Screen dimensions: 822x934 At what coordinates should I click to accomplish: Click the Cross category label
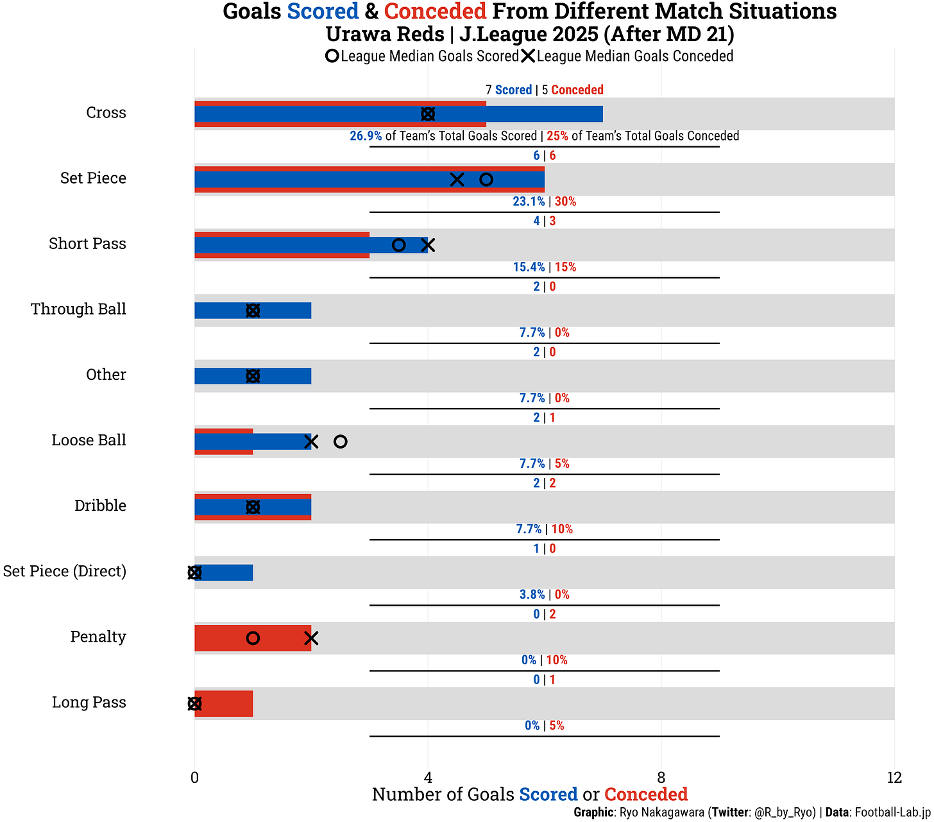point(106,113)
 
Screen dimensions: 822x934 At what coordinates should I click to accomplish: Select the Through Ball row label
point(78,309)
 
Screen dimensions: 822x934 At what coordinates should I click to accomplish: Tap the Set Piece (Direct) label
point(64,571)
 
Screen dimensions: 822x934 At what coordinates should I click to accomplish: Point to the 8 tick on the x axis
point(661,778)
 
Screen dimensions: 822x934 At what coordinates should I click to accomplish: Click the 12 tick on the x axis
point(894,778)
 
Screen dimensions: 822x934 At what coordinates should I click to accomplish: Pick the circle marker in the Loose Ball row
point(341,441)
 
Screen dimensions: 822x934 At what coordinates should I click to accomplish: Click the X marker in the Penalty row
point(311,638)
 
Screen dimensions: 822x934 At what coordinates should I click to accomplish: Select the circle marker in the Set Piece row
point(486,180)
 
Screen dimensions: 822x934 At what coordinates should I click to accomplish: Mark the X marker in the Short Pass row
point(428,245)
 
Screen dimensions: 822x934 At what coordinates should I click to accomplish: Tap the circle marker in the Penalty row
point(253,638)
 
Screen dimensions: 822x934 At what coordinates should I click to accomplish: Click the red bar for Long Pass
point(225,703)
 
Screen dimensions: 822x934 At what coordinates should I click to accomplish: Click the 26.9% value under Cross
point(366,136)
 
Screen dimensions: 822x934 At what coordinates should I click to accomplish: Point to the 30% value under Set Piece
point(565,201)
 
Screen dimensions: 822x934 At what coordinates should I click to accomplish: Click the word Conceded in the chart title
point(435,12)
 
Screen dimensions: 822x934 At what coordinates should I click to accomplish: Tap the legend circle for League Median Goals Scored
point(332,56)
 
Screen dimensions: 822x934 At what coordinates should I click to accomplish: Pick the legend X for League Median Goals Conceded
point(528,56)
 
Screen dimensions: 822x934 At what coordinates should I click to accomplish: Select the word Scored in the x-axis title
point(548,794)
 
